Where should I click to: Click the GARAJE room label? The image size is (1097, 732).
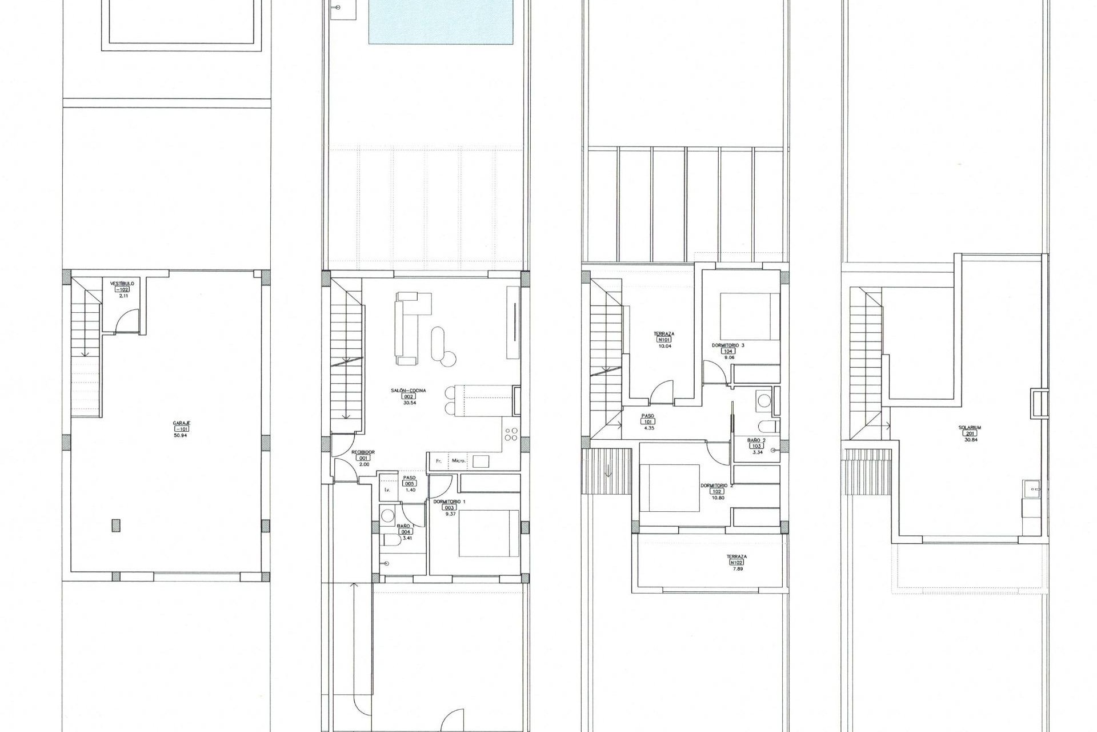tap(181, 423)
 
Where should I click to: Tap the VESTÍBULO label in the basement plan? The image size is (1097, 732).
tap(122, 283)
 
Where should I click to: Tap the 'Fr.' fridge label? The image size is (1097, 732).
tap(439, 460)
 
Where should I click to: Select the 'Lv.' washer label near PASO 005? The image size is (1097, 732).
tap(386, 490)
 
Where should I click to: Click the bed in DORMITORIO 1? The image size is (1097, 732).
tap(489, 533)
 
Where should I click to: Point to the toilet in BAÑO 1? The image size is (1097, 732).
tap(392, 539)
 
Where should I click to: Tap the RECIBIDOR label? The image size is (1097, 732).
tap(363, 452)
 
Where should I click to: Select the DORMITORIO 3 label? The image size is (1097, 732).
tap(727, 345)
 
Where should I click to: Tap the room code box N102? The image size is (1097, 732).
tap(736, 562)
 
